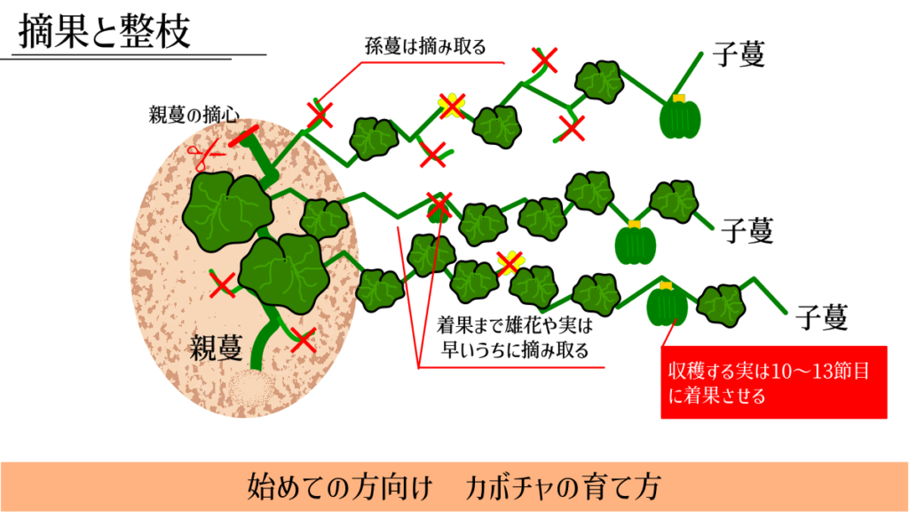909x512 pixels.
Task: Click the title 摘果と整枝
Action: pyautogui.click(x=105, y=32)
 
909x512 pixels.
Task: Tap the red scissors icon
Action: pyautogui.click(x=203, y=156)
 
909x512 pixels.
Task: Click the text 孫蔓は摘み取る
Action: pyautogui.click(x=425, y=47)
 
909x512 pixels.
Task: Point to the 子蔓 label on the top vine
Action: pyautogui.click(x=738, y=55)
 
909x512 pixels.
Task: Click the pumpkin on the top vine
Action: pyautogui.click(x=680, y=118)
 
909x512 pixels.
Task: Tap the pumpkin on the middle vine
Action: pyautogui.click(x=635, y=243)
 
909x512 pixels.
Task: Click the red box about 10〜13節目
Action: pyautogui.click(x=774, y=382)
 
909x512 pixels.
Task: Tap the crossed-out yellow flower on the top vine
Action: pyautogui.click(x=452, y=106)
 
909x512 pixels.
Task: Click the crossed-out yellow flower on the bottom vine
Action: pyautogui.click(x=510, y=261)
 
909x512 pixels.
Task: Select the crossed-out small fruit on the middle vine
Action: pyautogui.click(x=439, y=206)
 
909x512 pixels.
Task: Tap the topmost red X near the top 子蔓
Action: pyautogui.click(x=545, y=60)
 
